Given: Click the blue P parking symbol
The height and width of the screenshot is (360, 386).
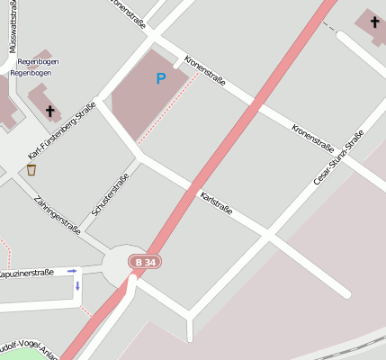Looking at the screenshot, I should click(x=161, y=78).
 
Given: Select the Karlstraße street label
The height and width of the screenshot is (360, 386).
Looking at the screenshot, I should click(x=216, y=202).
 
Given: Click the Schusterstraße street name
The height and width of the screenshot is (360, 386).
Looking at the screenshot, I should click(x=110, y=195).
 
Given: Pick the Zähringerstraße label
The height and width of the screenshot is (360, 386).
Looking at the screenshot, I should click(x=56, y=216).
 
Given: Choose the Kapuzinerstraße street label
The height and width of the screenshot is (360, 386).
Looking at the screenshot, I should click(x=27, y=272).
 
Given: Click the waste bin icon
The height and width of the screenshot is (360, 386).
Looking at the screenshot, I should click(x=31, y=169).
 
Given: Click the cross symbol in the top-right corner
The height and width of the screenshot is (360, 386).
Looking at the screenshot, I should click(x=373, y=20).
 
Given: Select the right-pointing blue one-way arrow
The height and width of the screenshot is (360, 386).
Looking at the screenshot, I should click(x=73, y=270).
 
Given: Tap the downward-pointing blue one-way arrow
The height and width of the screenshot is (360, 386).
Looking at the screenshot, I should click(x=77, y=286).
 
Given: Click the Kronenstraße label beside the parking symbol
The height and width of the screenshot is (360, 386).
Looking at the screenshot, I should click(x=204, y=70).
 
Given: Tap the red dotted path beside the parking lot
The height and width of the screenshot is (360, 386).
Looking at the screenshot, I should click(x=169, y=114).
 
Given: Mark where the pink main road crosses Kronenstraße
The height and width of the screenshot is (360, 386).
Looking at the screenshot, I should click(x=255, y=105).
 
